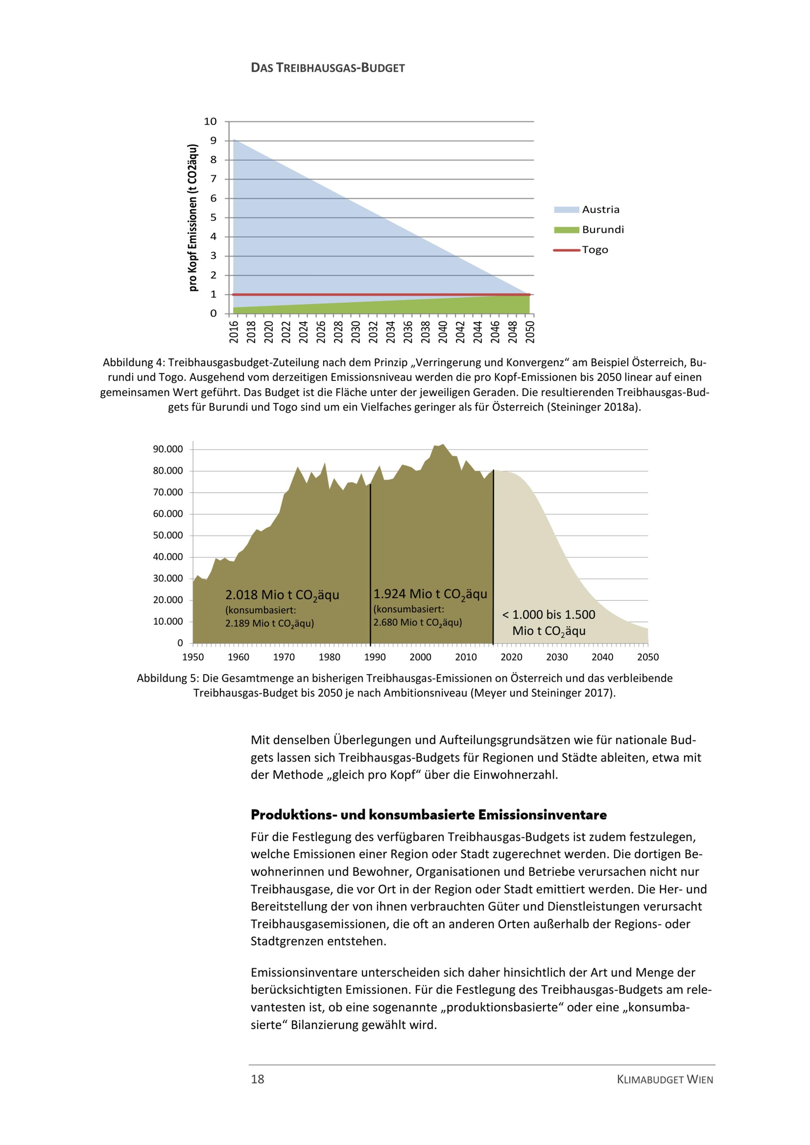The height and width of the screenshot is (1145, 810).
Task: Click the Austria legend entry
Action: coord(600,209)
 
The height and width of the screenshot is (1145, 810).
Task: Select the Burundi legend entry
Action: coord(603,230)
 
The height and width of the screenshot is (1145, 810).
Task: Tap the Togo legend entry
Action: coord(595,250)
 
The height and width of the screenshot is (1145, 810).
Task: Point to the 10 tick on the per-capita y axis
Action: coord(210,121)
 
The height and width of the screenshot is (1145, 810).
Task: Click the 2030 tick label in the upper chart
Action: coord(356,332)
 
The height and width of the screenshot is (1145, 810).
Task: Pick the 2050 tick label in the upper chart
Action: coord(530,332)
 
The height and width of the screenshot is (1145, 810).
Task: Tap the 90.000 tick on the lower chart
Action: coord(168,449)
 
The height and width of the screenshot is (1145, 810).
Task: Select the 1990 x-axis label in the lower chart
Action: coord(375,657)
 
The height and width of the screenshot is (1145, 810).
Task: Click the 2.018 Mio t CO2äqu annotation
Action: coord(282,595)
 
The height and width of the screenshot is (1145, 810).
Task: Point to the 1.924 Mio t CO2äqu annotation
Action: coord(430,594)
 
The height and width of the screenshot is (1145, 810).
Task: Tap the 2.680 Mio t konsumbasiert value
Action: coord(418,622)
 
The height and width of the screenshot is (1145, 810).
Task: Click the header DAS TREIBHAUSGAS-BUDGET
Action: coord(328,68)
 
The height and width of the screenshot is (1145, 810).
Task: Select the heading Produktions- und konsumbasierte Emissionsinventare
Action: coord(428,815)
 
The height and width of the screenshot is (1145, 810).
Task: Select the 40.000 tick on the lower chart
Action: coord(168,557)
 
